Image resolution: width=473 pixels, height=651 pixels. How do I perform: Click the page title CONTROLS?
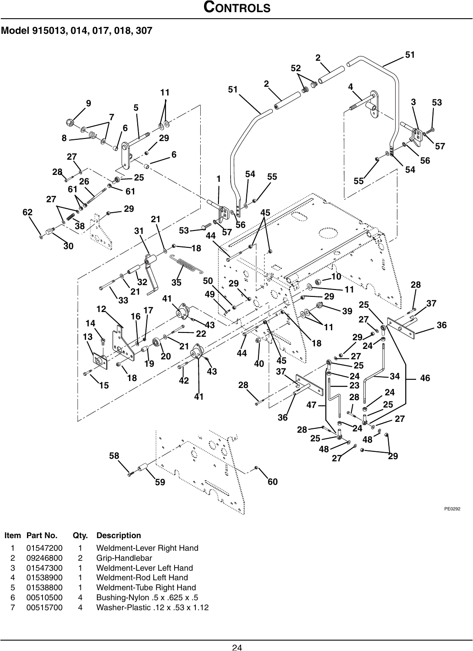[x=236, y=8]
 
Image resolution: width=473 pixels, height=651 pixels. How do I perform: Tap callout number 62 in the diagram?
[x=28, y=212]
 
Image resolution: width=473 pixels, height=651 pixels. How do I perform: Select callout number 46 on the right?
[x=425, y=378]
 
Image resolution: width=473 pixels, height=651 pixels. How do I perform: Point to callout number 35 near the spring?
[x=176, y=283]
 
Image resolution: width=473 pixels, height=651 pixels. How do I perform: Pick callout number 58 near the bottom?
[x=114, y=456]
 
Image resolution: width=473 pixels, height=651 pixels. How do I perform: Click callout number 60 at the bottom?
[x=272, y=482]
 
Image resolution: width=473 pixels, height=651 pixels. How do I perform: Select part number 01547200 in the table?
[x=44, y=548]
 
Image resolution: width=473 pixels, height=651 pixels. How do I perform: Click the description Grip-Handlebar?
[x=124, y=558]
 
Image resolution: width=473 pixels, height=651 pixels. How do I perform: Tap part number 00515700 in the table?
[x=44, y=607]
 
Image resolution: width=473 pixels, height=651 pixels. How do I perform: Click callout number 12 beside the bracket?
[x=101, y=309]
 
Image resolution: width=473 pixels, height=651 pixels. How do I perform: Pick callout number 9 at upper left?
[x=89, y=103]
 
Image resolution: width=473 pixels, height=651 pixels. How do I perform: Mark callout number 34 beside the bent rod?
[x=394, y=375]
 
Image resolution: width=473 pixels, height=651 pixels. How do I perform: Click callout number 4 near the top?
[x=350, y=87]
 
